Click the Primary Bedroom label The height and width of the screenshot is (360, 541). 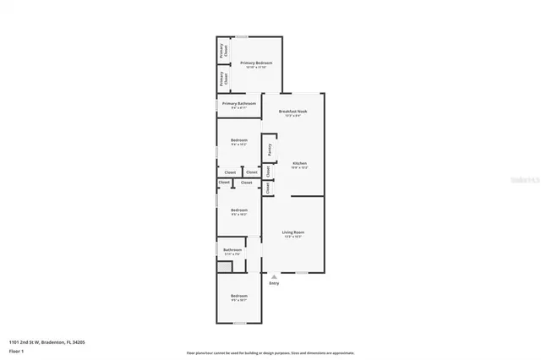click(256, 63)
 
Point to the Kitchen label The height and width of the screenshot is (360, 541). click(299, 162)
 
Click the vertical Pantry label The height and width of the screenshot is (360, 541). click(270, 150)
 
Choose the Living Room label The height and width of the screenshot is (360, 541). click(292, 232)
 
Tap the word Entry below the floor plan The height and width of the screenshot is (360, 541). click(273, 283)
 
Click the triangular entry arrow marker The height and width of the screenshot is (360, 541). click(273, 275)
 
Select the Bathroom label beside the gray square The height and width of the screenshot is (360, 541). click(232, 249)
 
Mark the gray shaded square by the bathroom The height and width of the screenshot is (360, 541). click(224, 266)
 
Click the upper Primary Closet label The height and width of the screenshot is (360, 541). click(223, 50)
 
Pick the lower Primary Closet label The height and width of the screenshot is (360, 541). click(223, 79)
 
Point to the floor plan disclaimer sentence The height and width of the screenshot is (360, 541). click(270, 353)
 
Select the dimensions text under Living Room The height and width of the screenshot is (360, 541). click(292, 237)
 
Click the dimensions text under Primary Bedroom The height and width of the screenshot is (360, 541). click(256, 68)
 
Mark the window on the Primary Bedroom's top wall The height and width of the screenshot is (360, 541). click(242, 36)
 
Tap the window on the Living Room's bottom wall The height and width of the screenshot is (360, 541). click(301, 273)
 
